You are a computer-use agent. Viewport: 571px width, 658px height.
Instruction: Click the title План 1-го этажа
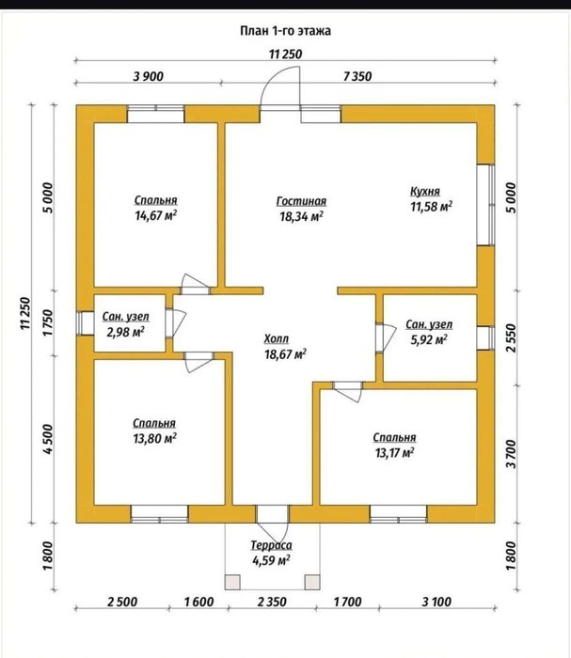[x=286, y=31]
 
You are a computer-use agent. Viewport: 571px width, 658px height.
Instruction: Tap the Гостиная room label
[x=301, y=201]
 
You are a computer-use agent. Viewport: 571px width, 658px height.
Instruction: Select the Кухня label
[x=425, y=192]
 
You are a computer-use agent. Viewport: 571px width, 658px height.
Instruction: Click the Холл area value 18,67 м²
[x=285, y=354]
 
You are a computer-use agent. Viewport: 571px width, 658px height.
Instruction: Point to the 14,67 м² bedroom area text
[x=155, y=215]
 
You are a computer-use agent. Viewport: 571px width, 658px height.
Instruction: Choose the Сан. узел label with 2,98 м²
[x=125, y=317]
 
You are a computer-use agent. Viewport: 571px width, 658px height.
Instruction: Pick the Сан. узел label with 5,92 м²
[x=429, y=324]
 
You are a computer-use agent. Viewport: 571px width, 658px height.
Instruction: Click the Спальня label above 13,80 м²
[x=154, y=423]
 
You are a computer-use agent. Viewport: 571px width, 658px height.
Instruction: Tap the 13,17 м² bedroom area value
[x=395, y=453]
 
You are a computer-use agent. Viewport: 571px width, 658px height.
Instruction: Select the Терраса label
[x=271, y=545]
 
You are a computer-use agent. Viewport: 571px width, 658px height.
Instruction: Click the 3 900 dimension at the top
[x=149, y=76]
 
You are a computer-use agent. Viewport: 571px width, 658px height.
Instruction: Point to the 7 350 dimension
[x=357, y=76]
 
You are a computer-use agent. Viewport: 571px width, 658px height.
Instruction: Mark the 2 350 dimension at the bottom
[x=272, y=602]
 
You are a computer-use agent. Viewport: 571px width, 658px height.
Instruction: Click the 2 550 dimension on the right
[x=511, y=337]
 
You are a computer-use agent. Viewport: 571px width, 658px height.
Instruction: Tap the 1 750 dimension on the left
[x=48, y=322]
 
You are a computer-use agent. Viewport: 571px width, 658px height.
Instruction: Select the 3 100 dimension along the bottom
[x=436, y=602]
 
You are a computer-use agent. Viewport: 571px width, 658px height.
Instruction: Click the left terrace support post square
[x=232, y=582]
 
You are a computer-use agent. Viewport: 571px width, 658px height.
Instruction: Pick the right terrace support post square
[x=312, y=582]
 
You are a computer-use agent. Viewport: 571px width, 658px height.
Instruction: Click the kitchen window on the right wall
[x=485, y=204]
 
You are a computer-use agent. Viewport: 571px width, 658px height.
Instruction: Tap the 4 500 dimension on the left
[x=48, y=439]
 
